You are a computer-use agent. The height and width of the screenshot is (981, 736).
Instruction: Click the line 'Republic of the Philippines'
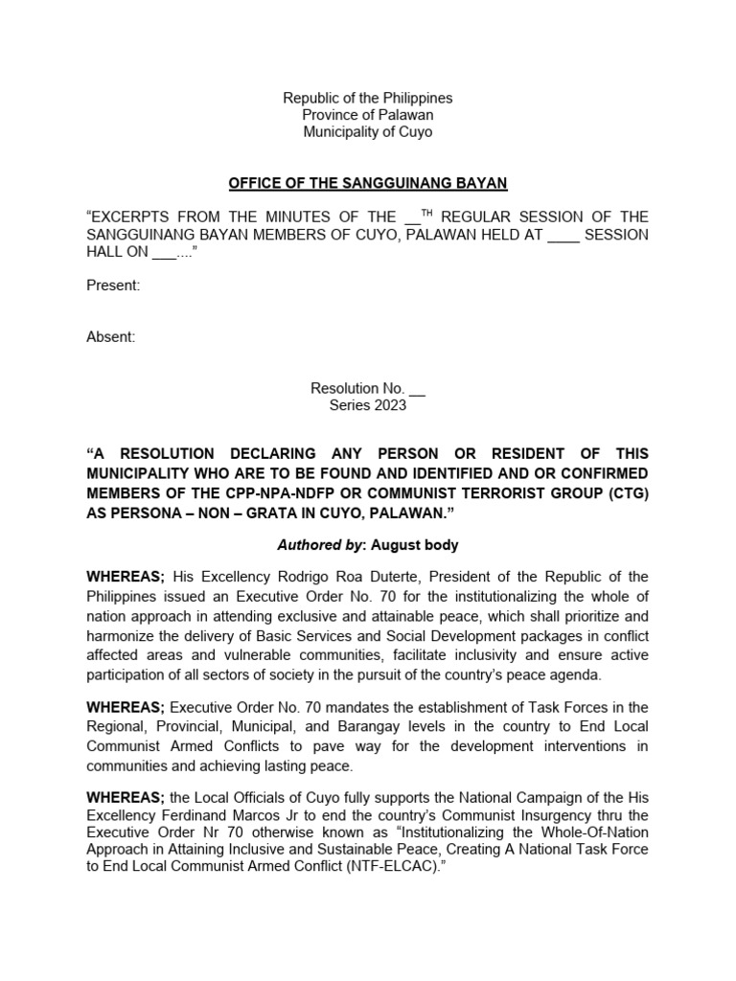tap(368, 98)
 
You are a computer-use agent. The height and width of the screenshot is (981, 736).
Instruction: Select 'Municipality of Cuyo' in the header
tap(368, 132)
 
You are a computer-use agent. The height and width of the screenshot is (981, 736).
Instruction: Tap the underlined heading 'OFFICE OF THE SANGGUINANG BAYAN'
tap(368, 182)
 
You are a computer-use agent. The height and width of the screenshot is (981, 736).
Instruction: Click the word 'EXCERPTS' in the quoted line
tap(131, 217)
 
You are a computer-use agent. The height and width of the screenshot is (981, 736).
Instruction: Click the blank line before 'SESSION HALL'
tap(564, 234)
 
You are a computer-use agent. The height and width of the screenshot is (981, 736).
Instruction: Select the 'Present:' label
tap(114, 285)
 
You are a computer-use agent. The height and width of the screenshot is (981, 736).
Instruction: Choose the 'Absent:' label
tap(111, 336)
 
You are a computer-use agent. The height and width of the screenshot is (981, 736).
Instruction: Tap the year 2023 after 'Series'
tap(389, 405)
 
